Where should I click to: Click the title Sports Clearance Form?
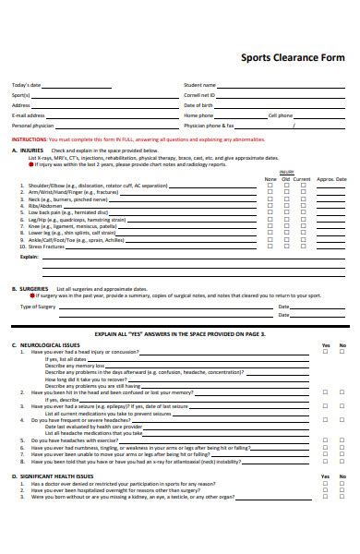pyautogui.click(x=294, y=56)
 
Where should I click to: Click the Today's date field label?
pyautogui.click(x=26, y=85)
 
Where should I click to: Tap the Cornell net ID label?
pyautogui.click(x=199, y=95)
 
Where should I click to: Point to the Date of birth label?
pyautogui.click(x=198, y=105)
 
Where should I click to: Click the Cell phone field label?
pyautogui.click(x=280, y=115)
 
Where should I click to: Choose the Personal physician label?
pyautogui.click(x=32, y=125)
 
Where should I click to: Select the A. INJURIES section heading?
pyautogui.click(x=27, y=150)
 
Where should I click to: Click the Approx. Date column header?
pyautogui.click(x=331, y=178)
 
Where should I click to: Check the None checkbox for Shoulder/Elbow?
pyautogui.click(x=270, y=186)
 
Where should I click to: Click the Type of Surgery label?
pyautogui.click(x=38, y=307)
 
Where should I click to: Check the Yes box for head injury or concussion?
pyautogui.click(x=325, y=352)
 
